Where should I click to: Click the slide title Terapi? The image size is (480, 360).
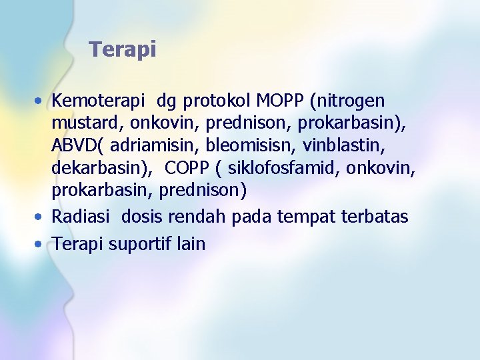coord(123,49)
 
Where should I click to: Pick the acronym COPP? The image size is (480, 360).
coord(187,167)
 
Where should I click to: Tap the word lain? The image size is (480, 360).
coord(191,243)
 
